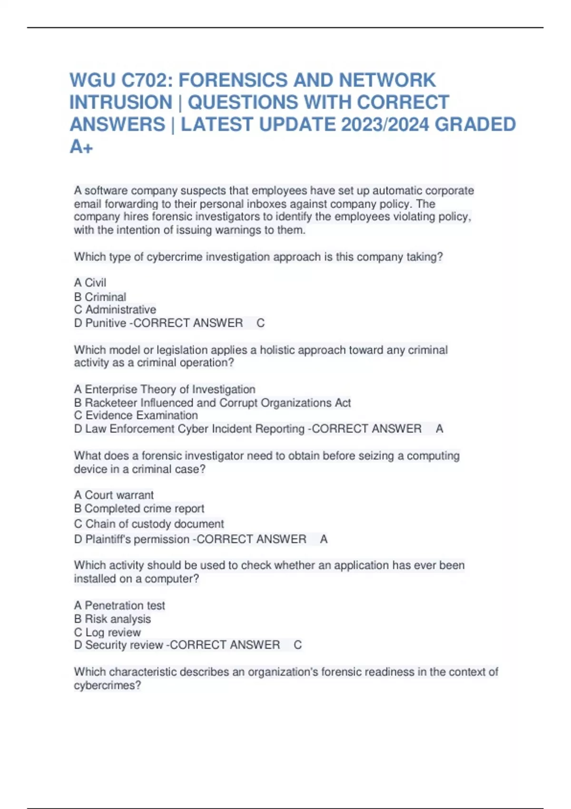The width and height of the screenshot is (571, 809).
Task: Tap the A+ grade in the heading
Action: [81, 147]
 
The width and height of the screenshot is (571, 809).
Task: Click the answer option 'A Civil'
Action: [90, 283]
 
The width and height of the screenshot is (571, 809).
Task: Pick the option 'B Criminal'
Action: [100, 297]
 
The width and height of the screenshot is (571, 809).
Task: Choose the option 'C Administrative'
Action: [115, 310]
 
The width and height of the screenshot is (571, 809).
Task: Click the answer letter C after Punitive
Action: [260, 323]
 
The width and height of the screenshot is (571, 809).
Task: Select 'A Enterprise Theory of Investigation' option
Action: [165, 389]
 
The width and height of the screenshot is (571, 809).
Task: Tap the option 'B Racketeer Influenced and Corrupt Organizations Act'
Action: [212, 403]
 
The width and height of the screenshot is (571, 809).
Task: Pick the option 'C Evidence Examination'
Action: [136, 415]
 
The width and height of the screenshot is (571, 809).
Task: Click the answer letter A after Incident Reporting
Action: [439, 429]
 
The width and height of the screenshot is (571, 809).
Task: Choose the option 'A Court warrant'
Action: [114, 495]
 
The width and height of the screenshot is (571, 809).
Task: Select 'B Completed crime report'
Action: [139, 508]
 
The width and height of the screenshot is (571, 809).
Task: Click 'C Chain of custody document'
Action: [148, 524]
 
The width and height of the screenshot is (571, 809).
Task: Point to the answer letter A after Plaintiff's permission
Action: [324, 539]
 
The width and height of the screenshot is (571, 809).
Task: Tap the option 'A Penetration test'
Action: [119, 605]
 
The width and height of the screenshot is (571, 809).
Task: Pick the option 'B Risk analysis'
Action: [112, 619]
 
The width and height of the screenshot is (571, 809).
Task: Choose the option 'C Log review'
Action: [108, 632]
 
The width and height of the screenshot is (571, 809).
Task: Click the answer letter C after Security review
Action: [297, 645]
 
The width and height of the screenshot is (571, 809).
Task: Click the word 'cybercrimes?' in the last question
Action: [108, 685]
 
